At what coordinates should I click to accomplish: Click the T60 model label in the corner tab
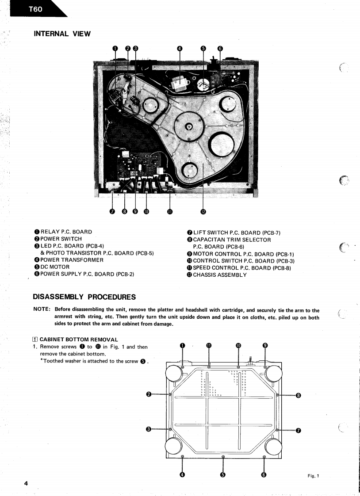click(34, 8)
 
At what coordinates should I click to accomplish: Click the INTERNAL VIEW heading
click(62, 33)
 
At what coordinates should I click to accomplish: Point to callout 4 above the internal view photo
click(180, 49)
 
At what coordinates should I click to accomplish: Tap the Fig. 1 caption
click(313, 475)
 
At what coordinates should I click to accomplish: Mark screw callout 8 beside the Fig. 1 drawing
click(299, 395)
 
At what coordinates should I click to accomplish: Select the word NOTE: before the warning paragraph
click(43, 310)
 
